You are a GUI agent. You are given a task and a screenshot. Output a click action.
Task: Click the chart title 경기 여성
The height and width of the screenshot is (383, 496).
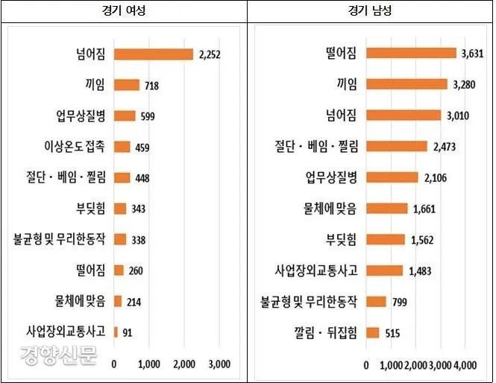tap(123, 11)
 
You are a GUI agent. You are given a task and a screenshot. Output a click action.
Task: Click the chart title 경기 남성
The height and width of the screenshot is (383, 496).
tap(370, 11)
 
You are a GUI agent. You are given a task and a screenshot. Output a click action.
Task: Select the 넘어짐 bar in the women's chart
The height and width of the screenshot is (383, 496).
tap(153, 54)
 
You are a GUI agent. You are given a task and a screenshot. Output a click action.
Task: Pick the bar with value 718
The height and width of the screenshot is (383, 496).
tap(126, 85)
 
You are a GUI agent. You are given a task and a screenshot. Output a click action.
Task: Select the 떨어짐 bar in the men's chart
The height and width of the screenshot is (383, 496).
tap(411, 53)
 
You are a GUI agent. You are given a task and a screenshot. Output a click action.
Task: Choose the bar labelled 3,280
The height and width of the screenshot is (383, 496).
tap(406, 83)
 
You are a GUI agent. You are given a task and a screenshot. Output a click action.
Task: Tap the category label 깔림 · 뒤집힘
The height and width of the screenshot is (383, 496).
tap(325, 332)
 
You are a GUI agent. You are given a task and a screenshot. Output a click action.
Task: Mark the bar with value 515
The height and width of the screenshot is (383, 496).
tap(372, 332)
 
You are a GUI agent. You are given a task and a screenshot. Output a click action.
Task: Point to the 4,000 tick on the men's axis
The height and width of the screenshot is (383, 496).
tap(465, 364)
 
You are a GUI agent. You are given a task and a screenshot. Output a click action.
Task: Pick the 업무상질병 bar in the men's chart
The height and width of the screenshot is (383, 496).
tap(392, 177)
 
